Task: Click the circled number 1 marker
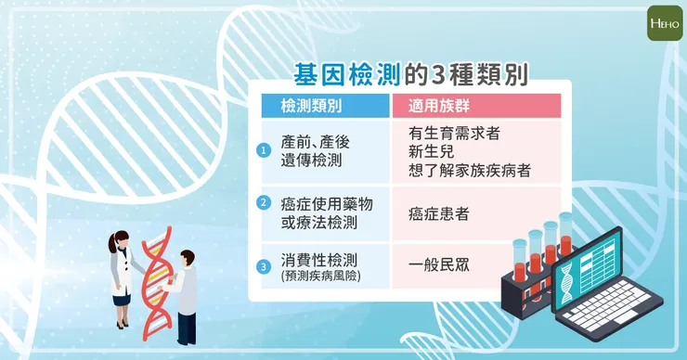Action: (264, 149)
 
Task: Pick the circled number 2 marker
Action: (264, 201)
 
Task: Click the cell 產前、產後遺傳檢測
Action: (312, 149)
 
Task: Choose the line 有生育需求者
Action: (454, 133)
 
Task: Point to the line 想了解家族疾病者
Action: (470, 170)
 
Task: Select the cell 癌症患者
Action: (438, 213)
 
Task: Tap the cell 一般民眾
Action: (438, 264)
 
